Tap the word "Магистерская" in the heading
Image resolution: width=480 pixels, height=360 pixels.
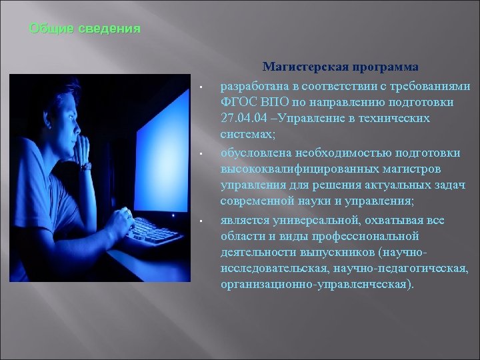[x=301, y=67]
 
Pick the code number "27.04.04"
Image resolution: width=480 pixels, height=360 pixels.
[x=245, y=118]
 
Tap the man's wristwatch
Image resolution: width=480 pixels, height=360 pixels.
[x=86, y=165]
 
